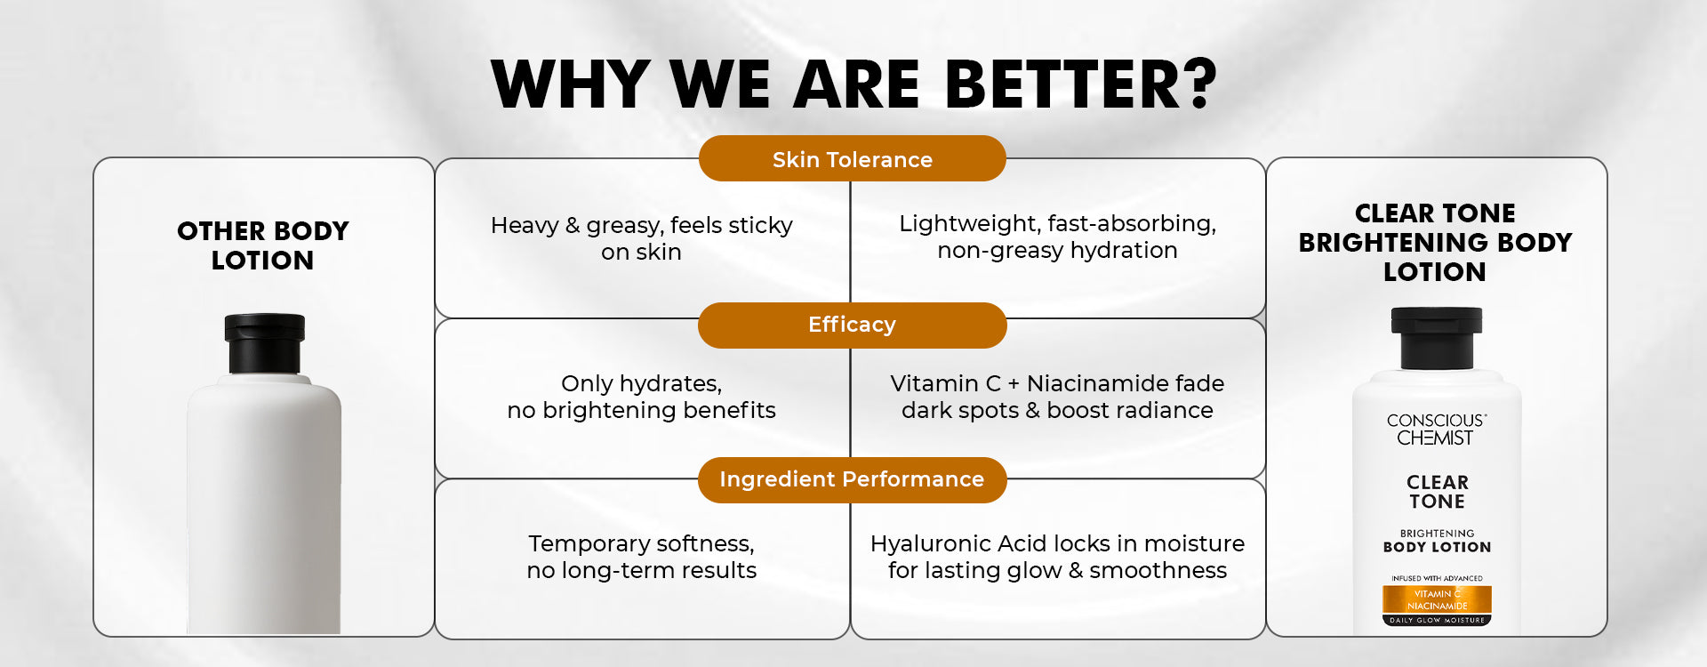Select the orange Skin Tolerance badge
pyautogui.click(x=853, y=159)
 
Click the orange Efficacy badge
pyautogui.click(x=853, y=325)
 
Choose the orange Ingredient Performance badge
pyautogui.click(x=853, y=479)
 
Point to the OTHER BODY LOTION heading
pyautogui.click(x=263, y=245)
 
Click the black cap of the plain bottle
pyautogui.click(x=264, y=343)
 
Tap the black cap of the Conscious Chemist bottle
pyautogui.click(x=1436, y=338)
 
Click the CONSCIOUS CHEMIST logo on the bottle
pyautogui.click(x=1436, y=430)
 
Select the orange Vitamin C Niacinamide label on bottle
pyautogui.click(x=1437, y=599)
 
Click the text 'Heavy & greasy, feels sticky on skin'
pyautogui.click(x=641, y=238)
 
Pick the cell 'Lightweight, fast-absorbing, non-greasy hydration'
pyautogui.click(x=1057, y=237)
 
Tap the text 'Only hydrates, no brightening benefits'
pyautogui.click(x=641, y=397)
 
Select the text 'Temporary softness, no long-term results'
pyautogui.click(x=641, y=557)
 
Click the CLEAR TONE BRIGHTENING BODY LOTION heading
pyautogui.click(x=1435, y=242)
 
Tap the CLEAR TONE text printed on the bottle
pyautogui.click(x=1437, y=492)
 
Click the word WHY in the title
pyautogui.click(x=571, y=84)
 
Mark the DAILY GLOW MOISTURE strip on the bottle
pyautogui.click(x=1437, y=620)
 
